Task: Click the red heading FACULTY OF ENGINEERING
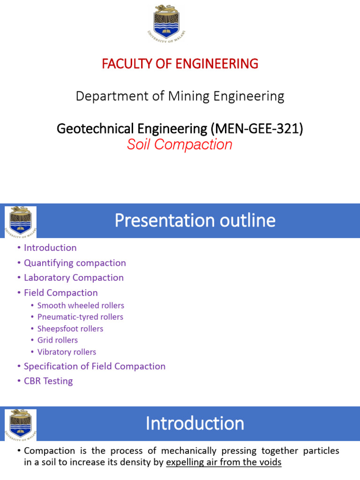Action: pos(180,64)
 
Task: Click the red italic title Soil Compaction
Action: pos(180,145)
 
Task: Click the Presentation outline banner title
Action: pos(195,220)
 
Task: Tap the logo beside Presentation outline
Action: pos(20,221)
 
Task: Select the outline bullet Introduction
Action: pos(50,247)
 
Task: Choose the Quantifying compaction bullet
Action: pos(75,262)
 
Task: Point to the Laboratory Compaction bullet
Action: pos(74,277)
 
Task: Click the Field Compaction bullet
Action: pos(61,292)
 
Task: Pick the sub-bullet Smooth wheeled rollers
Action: pos(81,306)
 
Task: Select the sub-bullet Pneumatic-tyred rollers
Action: pos(80,317)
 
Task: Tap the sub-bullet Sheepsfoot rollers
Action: pos(70,329)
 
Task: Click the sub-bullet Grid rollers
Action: pos(58,340)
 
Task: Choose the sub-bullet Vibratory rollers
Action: pos(67,352)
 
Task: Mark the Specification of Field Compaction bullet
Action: pos(95,366)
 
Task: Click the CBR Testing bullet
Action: pos(48,381)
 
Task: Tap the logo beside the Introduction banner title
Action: pos(20,424)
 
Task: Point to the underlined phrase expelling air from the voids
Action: pos(224,462)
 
